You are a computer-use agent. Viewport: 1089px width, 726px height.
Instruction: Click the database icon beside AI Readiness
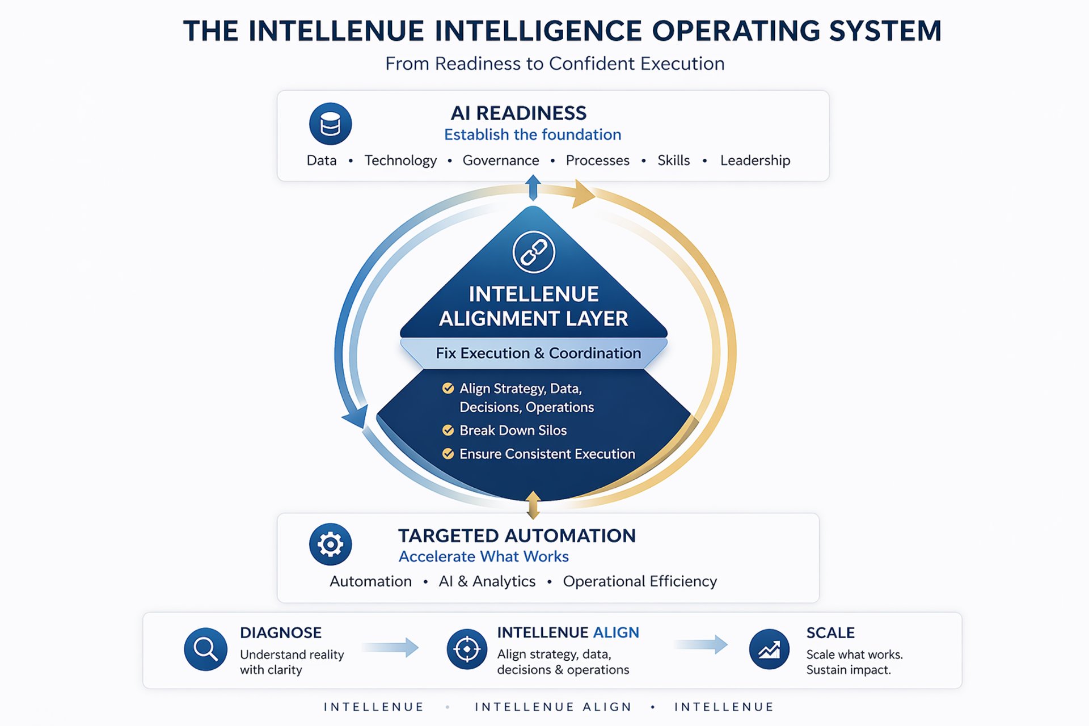pos(330,124)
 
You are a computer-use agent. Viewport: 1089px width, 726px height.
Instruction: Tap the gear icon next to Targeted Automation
pos(330,544)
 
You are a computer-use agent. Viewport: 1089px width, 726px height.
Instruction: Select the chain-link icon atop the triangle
pos(533,252)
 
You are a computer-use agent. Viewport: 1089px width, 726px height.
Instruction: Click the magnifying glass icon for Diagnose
pos(205,649)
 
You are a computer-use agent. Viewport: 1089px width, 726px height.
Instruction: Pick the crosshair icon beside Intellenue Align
pos(467,649)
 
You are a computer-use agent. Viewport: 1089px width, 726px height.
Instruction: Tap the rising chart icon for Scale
pos(769,649)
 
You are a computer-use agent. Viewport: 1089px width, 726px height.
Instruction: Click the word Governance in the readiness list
pos(500,161)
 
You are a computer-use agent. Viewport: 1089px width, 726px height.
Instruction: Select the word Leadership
pos(755,161)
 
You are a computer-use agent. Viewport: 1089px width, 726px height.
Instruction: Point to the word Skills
pos(673,161)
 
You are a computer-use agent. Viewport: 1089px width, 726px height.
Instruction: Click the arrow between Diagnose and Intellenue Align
pos(391,647)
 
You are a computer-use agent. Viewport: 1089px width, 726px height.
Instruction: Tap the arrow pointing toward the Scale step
pos(702,644)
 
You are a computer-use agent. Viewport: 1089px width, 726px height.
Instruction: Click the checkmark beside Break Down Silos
pos(448,430)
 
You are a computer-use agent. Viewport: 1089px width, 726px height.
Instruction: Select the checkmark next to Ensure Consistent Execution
pos(448,454)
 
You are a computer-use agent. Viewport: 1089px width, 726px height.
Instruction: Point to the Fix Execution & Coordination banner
pos(538,353)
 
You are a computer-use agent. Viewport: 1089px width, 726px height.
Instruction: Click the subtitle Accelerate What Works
pos(483,556)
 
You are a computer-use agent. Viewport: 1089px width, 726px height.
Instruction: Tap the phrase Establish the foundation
pos(532,134)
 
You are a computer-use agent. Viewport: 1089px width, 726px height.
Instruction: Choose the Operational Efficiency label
pos(640,581)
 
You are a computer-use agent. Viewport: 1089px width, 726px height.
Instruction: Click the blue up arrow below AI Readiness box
pos(533,187)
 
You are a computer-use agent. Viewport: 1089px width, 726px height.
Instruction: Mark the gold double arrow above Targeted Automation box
pos(533,505)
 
